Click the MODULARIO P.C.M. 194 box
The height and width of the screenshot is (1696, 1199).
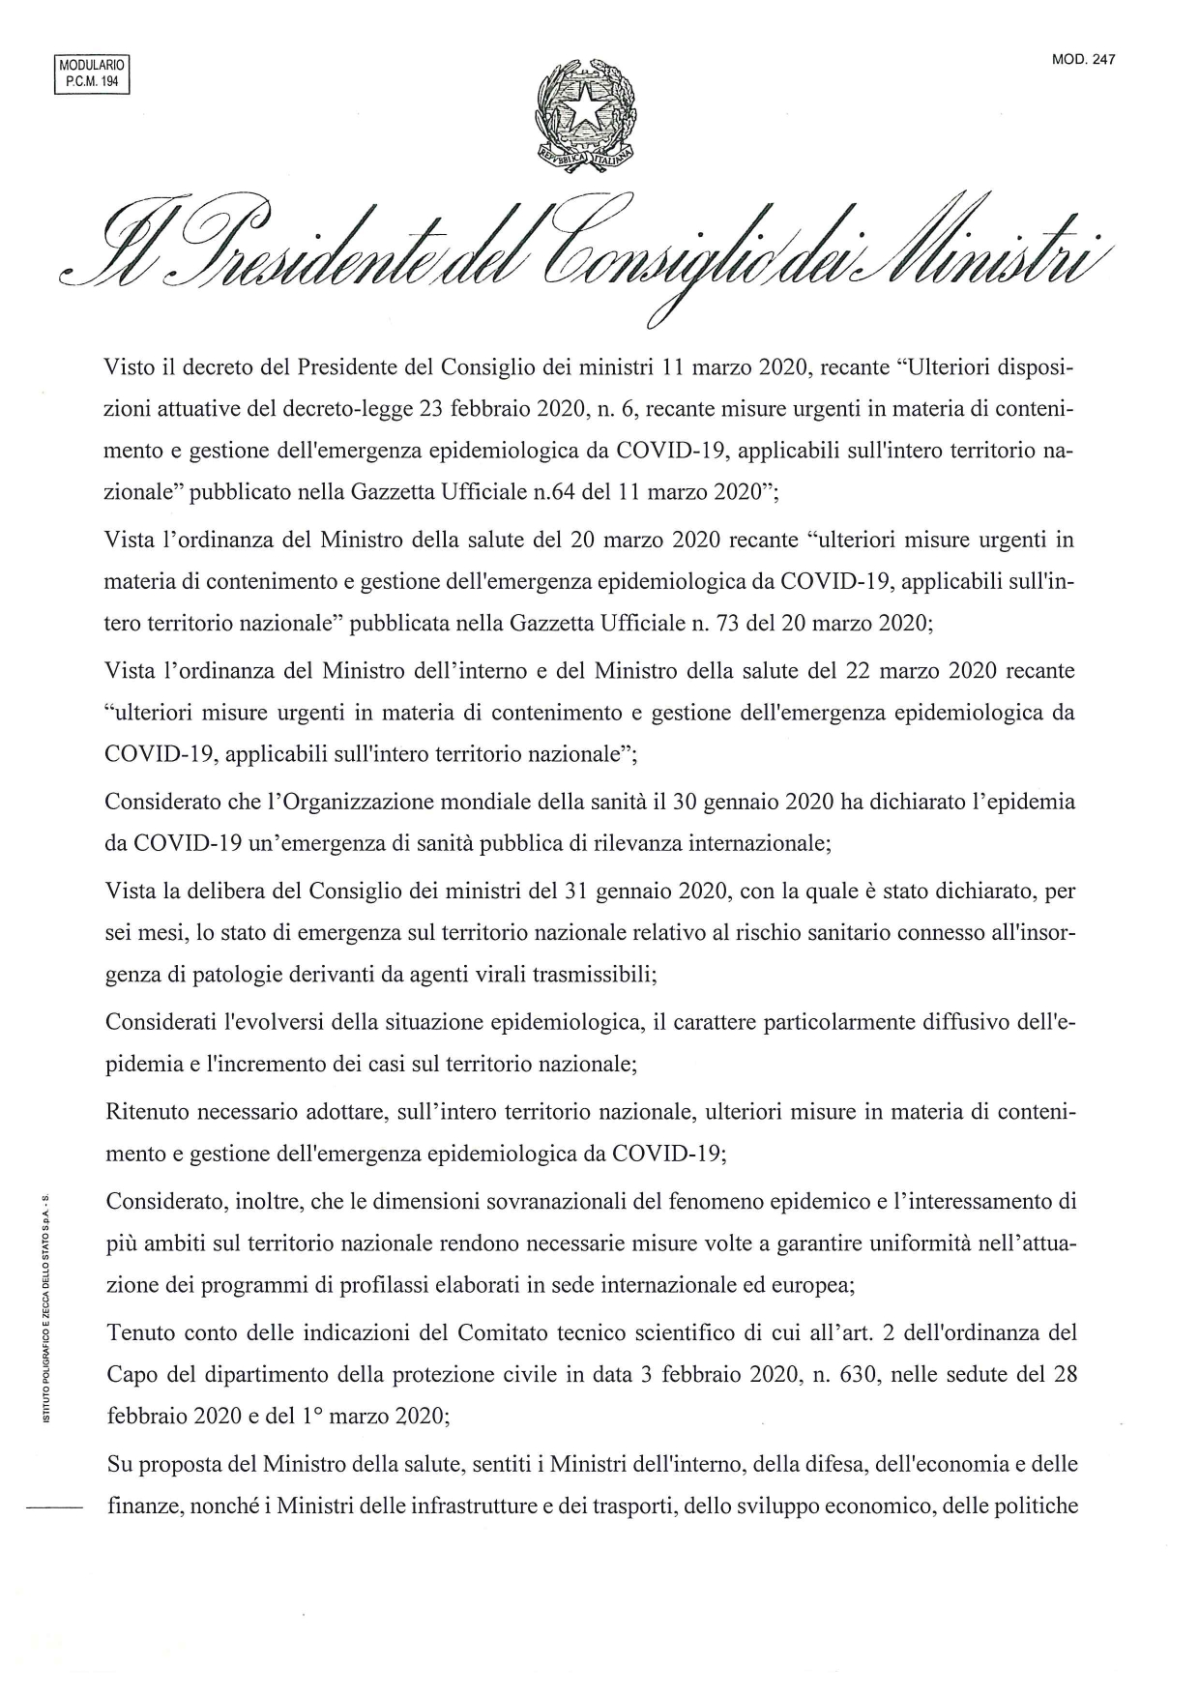point(92,73)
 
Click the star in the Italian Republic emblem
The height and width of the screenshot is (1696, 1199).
point(586,109)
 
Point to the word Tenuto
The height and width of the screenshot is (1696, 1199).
point(139,1332)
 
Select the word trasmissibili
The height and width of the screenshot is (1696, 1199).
point(595,975)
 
